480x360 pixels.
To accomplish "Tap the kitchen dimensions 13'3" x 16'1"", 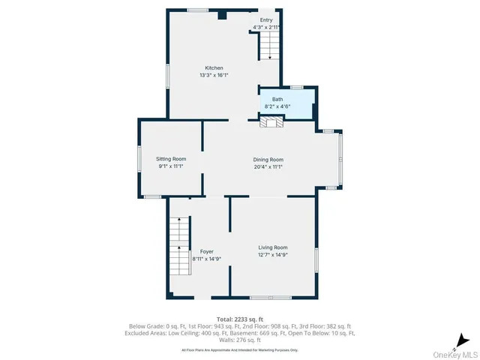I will coord(214,75).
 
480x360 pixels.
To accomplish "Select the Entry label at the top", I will coord(266,19).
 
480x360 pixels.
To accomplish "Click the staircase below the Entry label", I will coord(269,46).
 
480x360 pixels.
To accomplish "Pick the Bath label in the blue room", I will coord(277,99).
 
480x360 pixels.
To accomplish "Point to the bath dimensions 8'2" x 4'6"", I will coord(277,106).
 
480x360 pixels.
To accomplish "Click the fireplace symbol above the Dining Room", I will coord(269,123).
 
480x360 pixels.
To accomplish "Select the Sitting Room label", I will coord(171,159).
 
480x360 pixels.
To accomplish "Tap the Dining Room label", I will coord(268,159).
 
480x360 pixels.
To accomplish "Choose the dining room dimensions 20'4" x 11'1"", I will coord(268,166).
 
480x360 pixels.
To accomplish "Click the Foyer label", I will coord(207,251).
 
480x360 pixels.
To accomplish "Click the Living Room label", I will coord(273,247).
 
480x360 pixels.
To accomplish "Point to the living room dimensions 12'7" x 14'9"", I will coord(273,255).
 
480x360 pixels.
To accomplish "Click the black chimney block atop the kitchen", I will coord(221,14).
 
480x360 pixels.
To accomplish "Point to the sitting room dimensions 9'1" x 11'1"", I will coord(171,166).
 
